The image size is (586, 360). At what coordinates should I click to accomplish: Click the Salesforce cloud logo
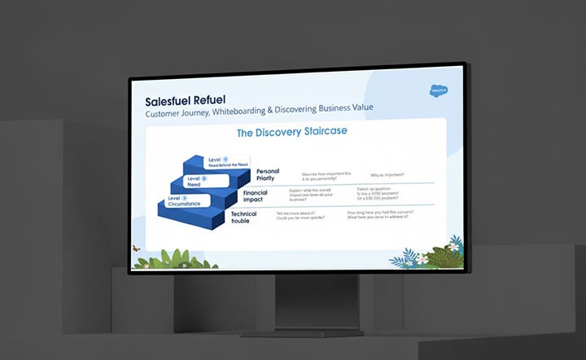[x=441, y=90]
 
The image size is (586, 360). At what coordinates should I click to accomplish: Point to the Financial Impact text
[x=255, y=195]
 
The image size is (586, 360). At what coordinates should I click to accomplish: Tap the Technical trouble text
[x=243, y=217]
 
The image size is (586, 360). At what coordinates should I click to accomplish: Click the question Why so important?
[x=387, y=175]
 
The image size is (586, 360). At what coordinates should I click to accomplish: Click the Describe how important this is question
[x=326, y=175]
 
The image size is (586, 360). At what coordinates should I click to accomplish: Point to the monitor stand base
[x=302, y=332]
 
